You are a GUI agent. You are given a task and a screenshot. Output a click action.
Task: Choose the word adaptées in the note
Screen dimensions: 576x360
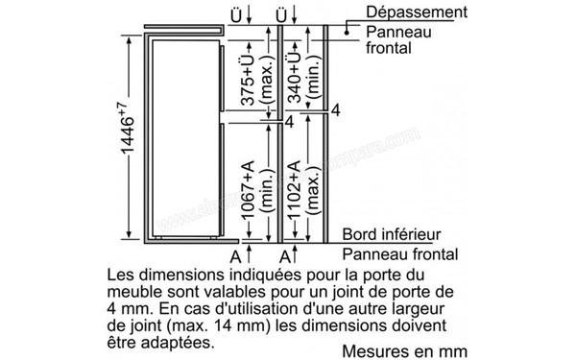[x=177, y=342]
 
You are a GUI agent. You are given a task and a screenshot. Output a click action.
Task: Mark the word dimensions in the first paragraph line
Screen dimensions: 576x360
[x=176, y=274]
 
